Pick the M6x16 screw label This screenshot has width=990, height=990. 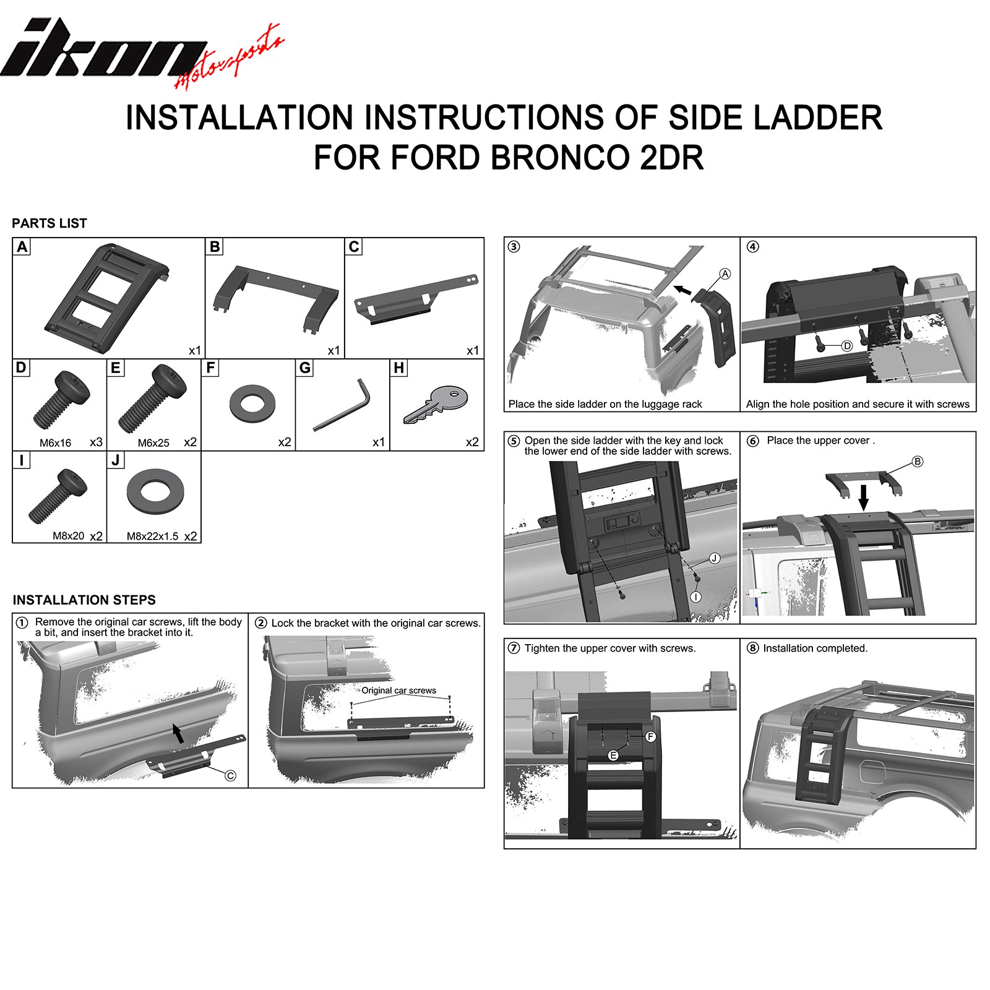click(55, 443)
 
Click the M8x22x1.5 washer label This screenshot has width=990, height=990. click(152, 536)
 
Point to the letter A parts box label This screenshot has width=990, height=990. click(22, 247)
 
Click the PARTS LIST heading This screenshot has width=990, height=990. click(49, 223)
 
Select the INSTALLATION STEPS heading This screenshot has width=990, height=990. click(84, 600)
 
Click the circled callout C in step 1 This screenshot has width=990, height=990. click(230, 776)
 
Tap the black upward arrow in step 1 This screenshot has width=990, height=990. click(178, 733)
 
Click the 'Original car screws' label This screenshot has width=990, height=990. click(398, 691)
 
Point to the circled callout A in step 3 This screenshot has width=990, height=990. click(725, 274)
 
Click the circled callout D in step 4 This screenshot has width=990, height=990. click(847, 346)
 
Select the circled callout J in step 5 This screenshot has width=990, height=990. click(714, 559)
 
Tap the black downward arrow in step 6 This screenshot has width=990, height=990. click(864, 496)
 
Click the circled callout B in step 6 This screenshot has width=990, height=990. click(917, 462)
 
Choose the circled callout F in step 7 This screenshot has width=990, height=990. click(650, 736)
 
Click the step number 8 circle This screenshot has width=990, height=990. click(752, 648)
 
